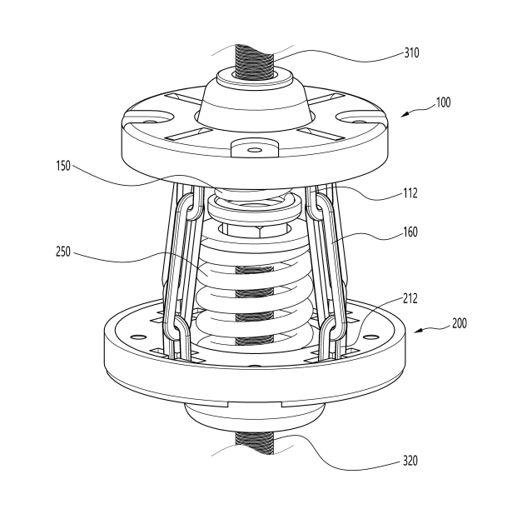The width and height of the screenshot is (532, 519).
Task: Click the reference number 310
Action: point(411,53)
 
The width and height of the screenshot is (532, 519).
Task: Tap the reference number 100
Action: point(443,102)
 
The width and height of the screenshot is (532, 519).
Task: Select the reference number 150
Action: point(63,166)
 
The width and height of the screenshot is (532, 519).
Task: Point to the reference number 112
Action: point(410,193)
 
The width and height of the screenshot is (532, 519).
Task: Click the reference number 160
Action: point(410,232)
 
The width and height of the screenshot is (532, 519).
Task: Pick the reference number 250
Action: point(63,252)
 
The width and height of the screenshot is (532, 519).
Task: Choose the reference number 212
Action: point(410,299)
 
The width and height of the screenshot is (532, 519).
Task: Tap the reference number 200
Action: point(460,323)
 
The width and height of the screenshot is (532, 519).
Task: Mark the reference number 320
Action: point(410,461)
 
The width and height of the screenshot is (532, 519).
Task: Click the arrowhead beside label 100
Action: point(405,115)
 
